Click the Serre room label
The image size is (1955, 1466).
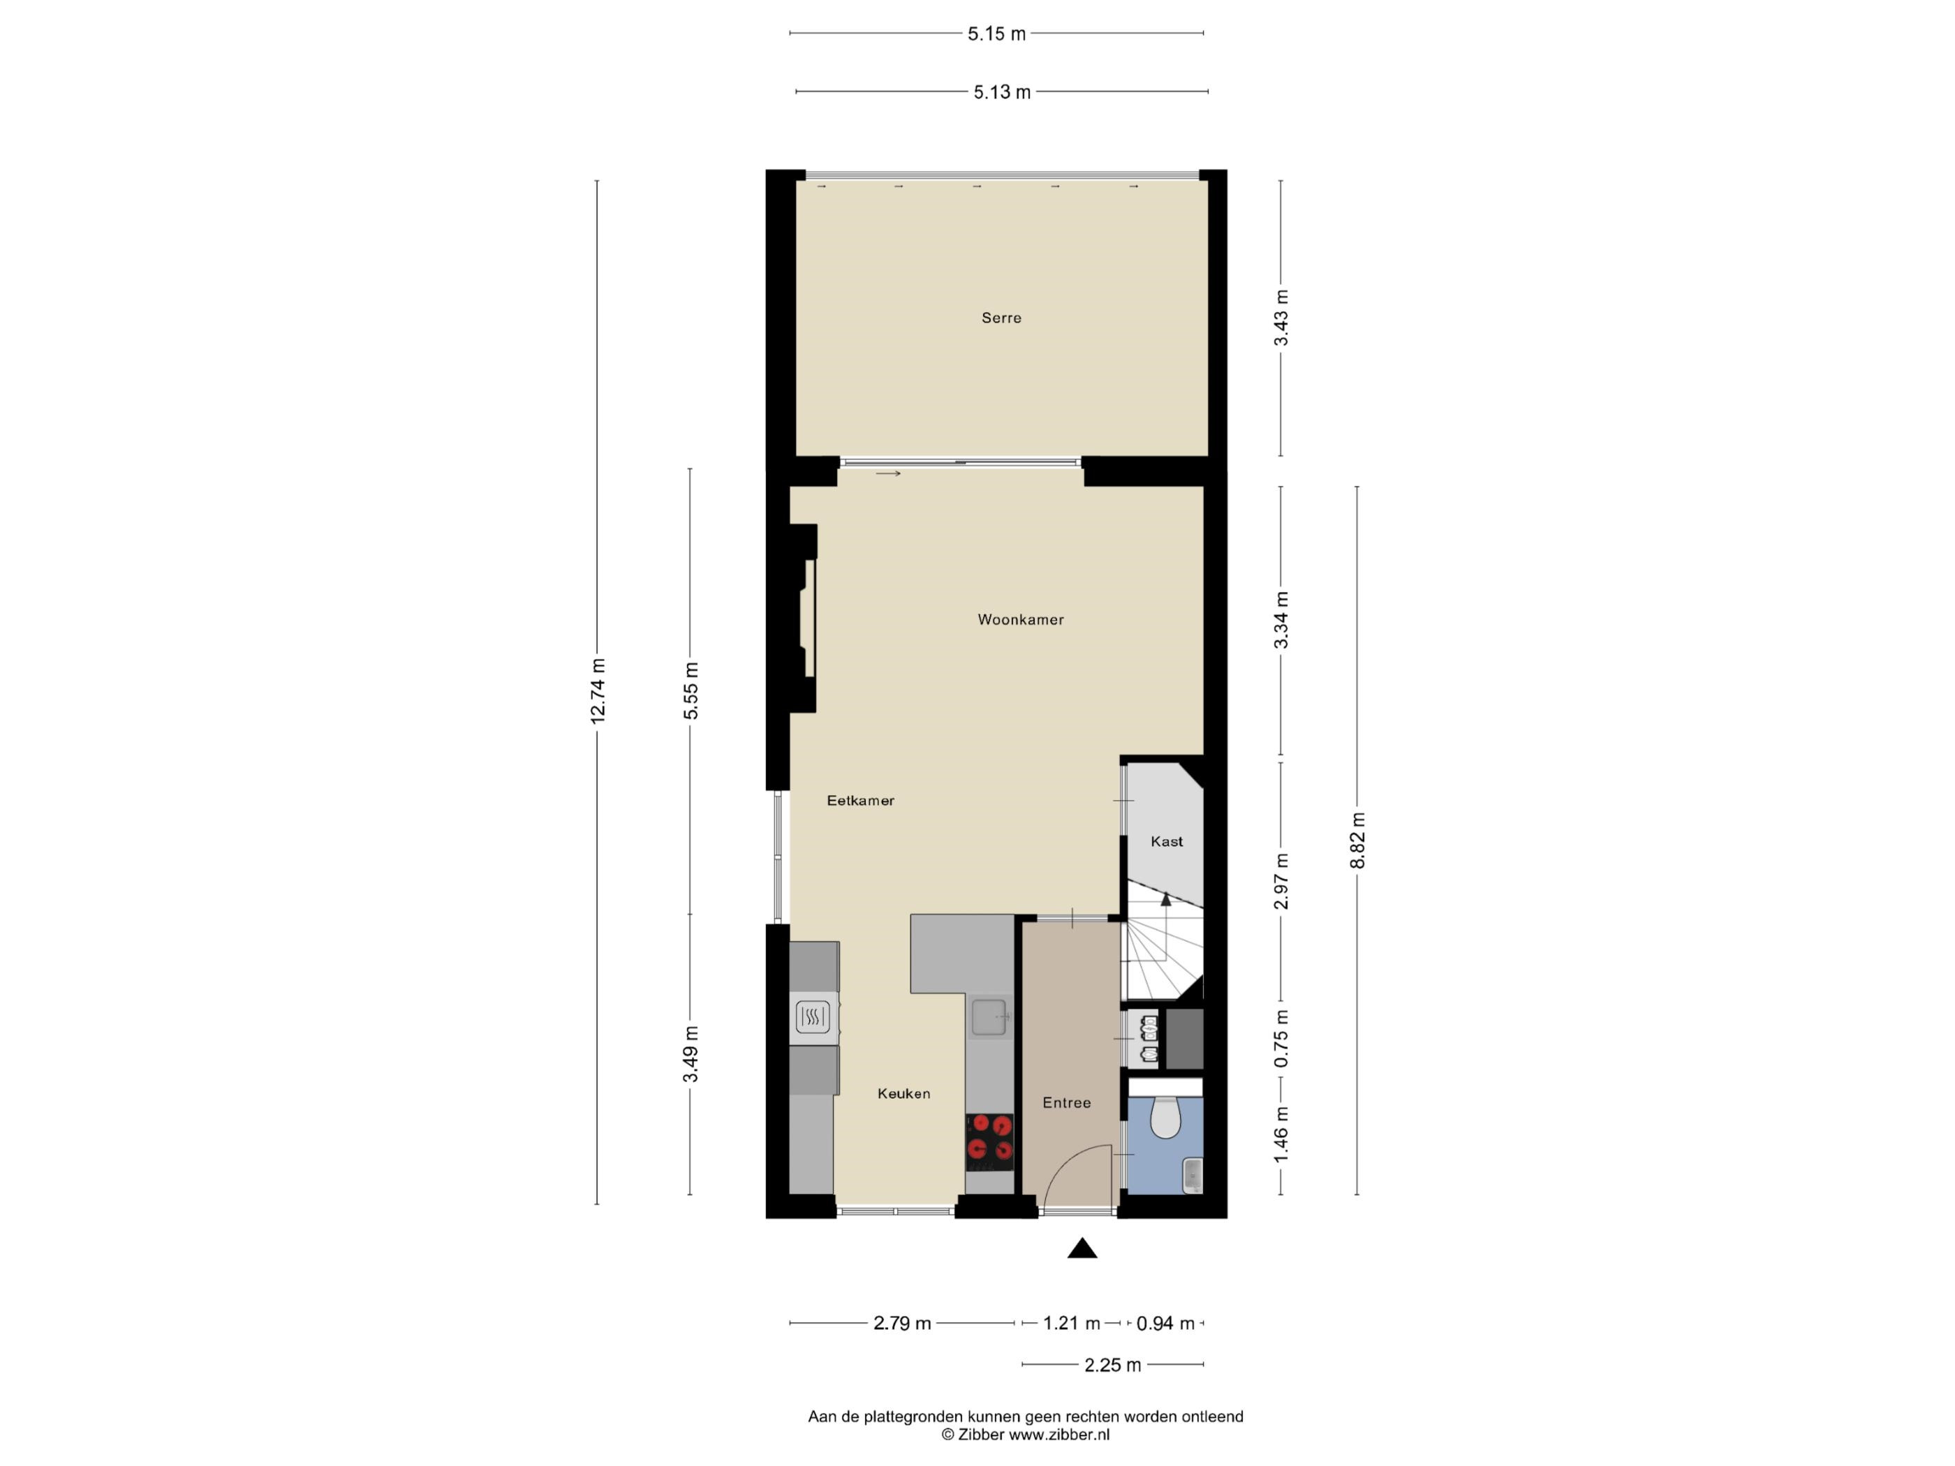1001,318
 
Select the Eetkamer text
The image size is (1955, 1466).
861,801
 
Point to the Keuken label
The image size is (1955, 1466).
904,1093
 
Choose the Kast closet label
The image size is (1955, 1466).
1167,841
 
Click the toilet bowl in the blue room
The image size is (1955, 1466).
1166,1117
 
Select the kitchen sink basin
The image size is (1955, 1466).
990,1016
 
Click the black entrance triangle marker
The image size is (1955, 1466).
1083,1249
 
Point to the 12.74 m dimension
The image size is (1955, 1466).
598,691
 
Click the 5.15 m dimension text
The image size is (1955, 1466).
997,34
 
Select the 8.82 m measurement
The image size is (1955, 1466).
1359,841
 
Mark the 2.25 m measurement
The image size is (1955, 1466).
1113,1365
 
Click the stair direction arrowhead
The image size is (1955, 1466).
1166,900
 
